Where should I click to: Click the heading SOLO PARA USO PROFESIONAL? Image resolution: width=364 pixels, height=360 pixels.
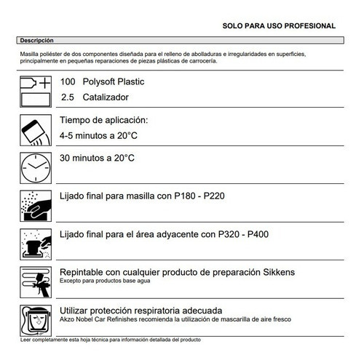[279, 26]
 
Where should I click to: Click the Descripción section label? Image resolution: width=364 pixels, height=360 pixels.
[36, 41]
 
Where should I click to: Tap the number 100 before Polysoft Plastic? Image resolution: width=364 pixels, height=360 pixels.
[68, 82]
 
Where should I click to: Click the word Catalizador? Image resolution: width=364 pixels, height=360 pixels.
[105, 97]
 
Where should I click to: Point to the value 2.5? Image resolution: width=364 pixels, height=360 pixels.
[68, 97]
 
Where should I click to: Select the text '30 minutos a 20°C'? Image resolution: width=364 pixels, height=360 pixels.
[97, 157]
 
